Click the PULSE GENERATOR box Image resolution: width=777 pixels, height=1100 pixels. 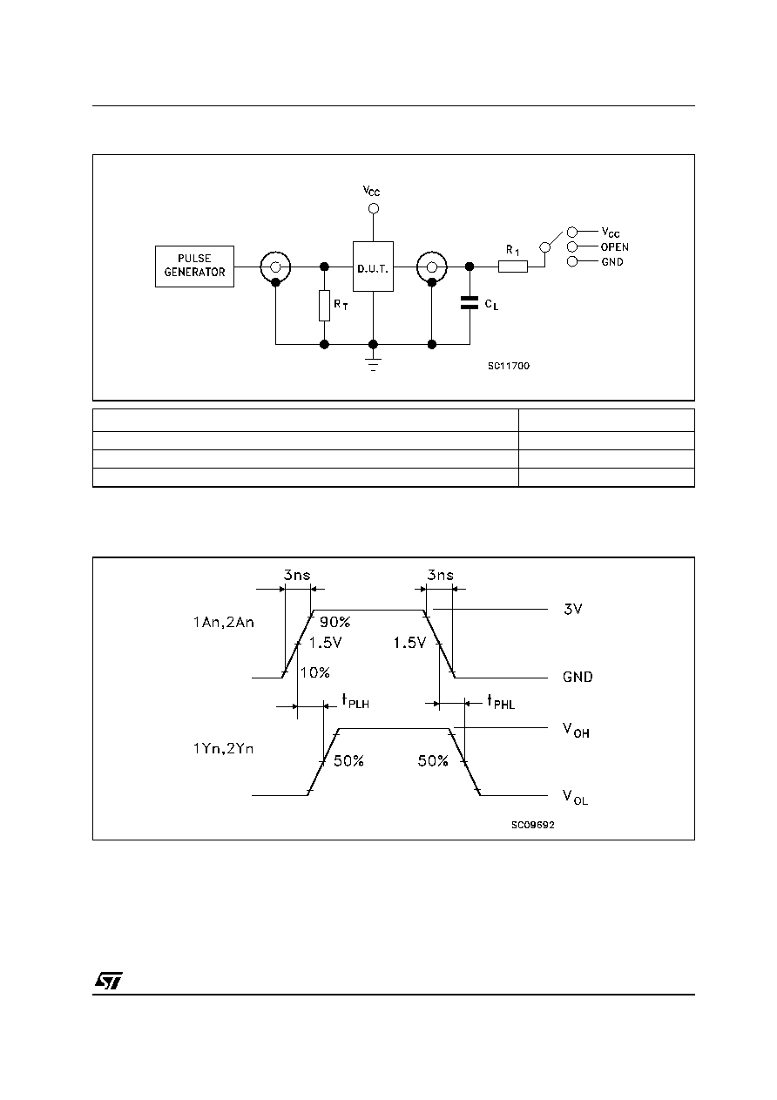pos(194,267)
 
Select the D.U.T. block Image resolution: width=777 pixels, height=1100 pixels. pos(373,267)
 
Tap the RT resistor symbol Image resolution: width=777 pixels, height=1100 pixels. pos(324,306)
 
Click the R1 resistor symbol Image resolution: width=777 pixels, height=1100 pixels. pos(513,267)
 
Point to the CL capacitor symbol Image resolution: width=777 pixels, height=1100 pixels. pos(470,302)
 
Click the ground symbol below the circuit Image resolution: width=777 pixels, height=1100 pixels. pos(374,364)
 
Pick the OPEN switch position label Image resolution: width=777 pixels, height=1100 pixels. pos(614,247)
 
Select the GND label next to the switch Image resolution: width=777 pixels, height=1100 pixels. pos(612,262)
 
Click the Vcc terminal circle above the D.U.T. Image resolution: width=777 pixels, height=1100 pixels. pos(374,209)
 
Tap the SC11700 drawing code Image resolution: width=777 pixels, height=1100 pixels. pos(509,366)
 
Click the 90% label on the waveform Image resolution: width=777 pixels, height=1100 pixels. pos(335,622)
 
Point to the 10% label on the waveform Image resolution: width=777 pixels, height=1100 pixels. pos(314,672)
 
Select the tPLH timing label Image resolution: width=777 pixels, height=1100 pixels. pos(355,701)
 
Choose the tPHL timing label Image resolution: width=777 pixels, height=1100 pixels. pos(501,701)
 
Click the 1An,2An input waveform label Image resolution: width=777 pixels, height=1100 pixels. pos(224,623)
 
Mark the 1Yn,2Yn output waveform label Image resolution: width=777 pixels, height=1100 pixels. pos(224,749)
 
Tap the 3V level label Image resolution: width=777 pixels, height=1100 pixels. pos(572,609)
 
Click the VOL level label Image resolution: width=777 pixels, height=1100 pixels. pos(575,797)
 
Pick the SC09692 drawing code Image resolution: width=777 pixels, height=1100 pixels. pos(533,825)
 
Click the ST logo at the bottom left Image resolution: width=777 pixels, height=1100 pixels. pos(109,981)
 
